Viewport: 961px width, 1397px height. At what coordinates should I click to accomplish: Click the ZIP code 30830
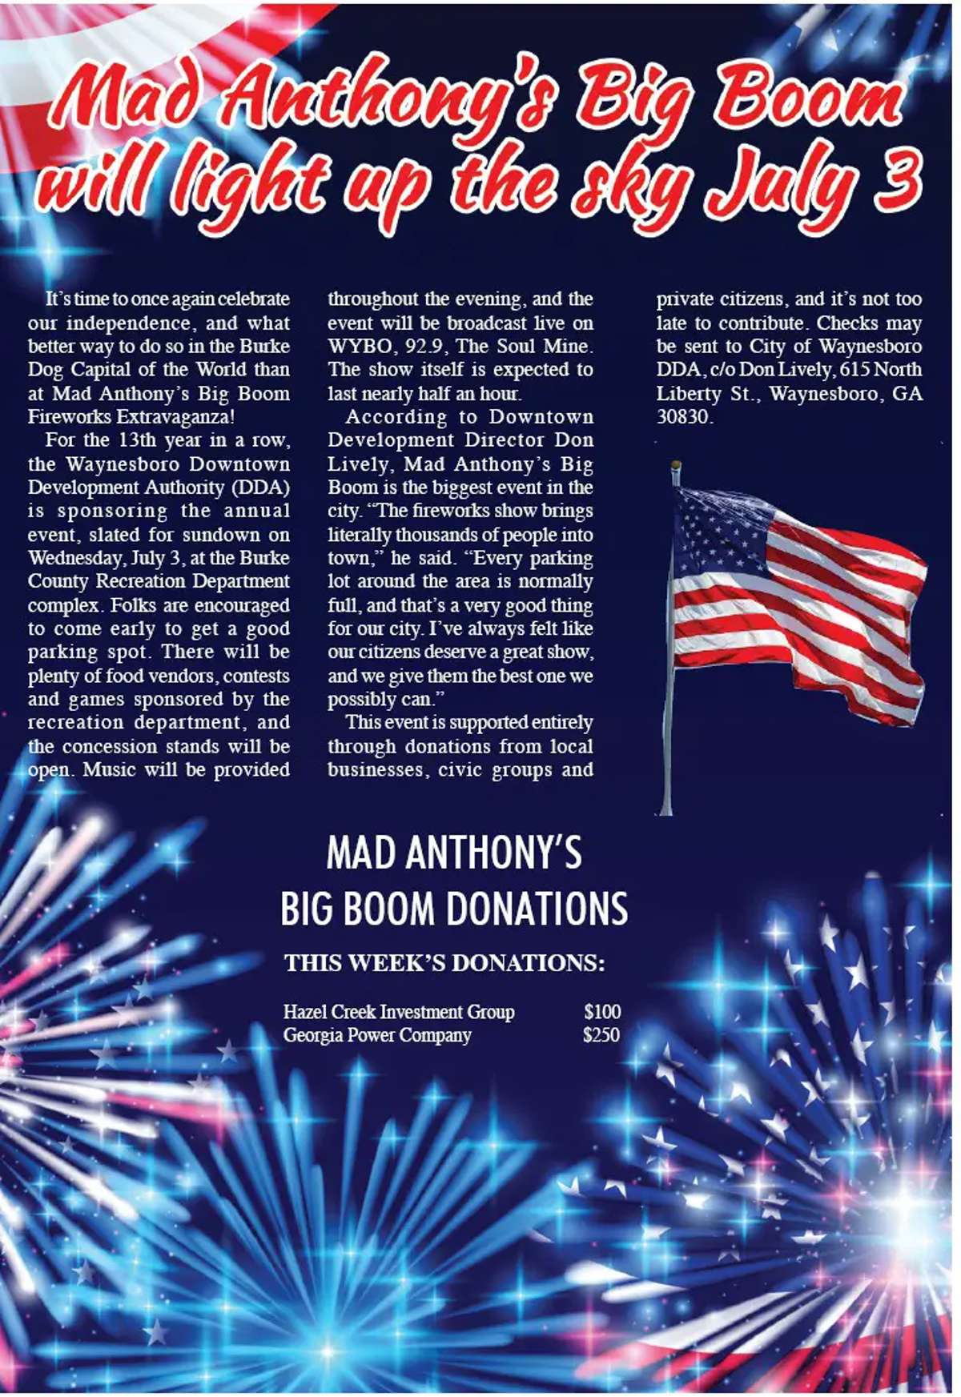(683, 417)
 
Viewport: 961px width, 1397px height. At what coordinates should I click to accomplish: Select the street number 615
(854, 370)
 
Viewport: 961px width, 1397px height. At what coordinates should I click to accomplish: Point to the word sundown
(221, 535)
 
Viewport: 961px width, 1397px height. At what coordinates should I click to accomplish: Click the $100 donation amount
(601, 1012)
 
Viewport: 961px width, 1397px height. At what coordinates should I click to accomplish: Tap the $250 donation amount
(601, 1035)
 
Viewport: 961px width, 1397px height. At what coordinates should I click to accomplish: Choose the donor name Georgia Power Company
(376, 1035)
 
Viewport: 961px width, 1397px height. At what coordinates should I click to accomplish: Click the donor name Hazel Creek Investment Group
(398, 1012)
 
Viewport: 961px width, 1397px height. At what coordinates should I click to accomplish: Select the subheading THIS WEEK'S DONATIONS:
(444, 963)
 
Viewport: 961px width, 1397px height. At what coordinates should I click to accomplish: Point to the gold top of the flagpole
(676, 466)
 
